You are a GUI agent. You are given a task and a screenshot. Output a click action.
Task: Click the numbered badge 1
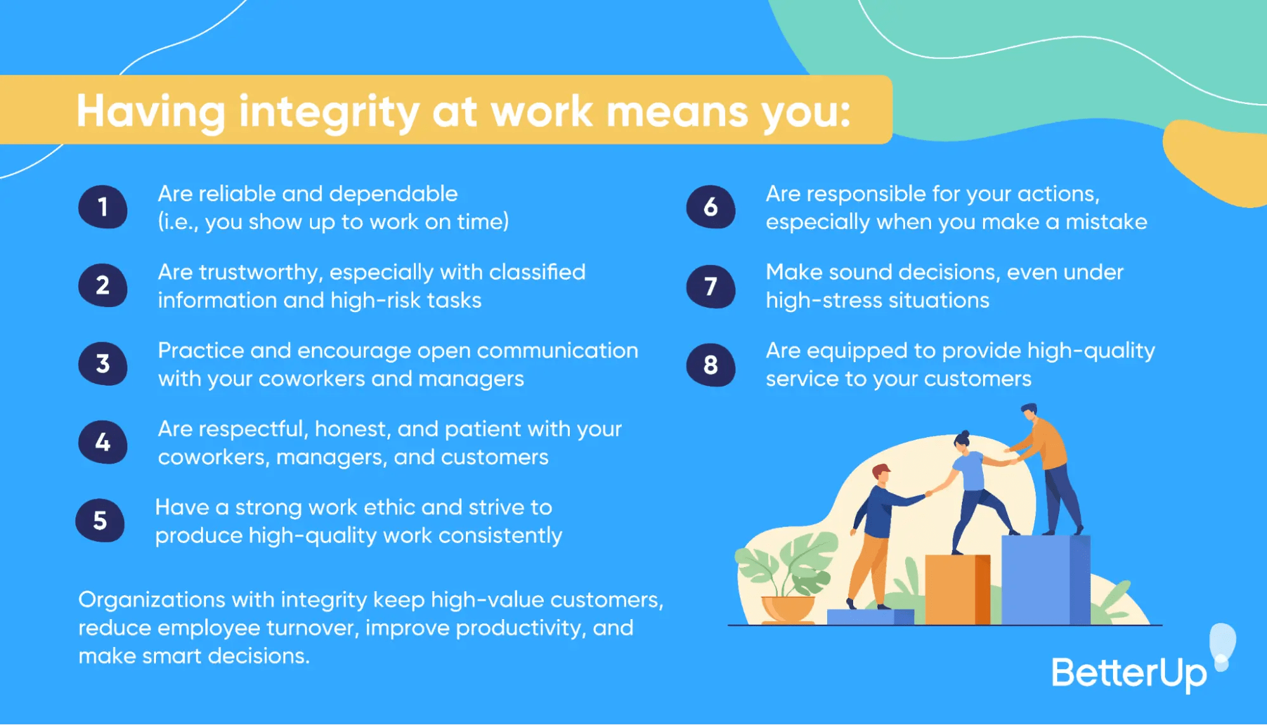(103, 207)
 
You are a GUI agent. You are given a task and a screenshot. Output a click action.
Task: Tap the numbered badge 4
(103, 442)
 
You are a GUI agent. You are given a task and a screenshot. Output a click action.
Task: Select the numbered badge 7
(711, 286)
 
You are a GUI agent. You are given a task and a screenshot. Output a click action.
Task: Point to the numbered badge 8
(711, 365)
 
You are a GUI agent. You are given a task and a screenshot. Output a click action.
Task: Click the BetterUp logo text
(1129, 674)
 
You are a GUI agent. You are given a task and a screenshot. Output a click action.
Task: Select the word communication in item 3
(562, 351)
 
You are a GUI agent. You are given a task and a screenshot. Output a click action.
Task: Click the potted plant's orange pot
(788, 608)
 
